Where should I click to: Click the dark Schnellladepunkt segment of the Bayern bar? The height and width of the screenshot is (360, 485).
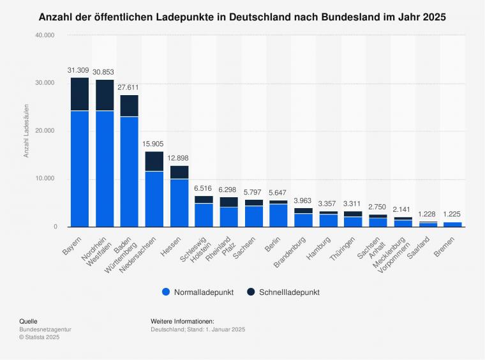(80, 94)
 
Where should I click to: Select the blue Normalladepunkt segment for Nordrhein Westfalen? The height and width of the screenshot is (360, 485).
(105, 169)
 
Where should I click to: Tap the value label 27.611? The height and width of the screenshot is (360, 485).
(130, 87)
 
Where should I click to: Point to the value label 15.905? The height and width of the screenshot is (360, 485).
(154, 144)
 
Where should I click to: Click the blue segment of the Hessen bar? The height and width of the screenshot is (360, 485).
(179, 203)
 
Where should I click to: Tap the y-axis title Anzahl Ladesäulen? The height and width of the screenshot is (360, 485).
(27, 131)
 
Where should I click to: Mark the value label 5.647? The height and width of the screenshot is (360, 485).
(279, 192)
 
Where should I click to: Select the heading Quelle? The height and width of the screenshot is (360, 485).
(28, 321)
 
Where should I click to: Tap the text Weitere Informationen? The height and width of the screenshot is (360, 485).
(182, 321)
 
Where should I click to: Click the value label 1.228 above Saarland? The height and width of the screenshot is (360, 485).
(428, 214)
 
